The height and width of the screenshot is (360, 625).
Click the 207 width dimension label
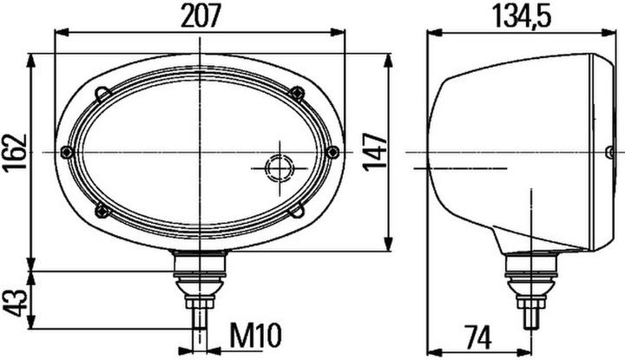pos(199,15)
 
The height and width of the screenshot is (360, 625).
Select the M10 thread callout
pos(258,333)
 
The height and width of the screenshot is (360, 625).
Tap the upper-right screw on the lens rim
pos(299,93)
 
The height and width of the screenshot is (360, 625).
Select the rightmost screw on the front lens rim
pos(335,153)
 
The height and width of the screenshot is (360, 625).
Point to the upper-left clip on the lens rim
pos(103,92)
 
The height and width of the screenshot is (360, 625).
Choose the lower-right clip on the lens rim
pos(297,209)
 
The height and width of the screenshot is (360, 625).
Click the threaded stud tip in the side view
pos(528,317)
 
